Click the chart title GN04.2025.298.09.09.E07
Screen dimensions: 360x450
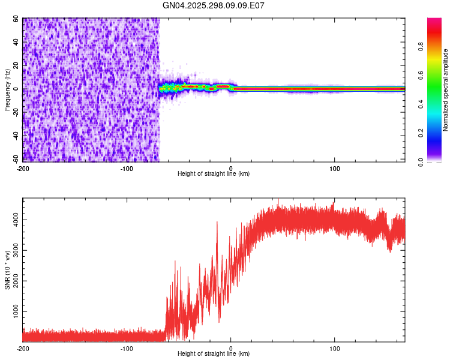coord(214,5)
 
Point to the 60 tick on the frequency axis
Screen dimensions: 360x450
coord(16,19)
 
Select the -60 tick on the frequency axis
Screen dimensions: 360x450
coord(15,160)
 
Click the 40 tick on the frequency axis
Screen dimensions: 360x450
coord(16,43)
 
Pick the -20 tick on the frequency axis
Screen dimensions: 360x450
coord(15,113)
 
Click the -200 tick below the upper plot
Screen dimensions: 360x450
coord(23,168)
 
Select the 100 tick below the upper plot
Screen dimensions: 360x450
coord(334,168)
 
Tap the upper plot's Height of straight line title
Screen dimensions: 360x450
coord(214,174)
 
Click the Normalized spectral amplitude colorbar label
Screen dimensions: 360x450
coord(446,90)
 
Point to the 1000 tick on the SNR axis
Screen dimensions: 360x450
coord(13,312)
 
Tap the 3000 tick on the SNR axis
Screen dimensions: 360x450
coord(13,251)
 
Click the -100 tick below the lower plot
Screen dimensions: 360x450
coord(127,348)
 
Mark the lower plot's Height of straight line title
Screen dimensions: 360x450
coord(214,354)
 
